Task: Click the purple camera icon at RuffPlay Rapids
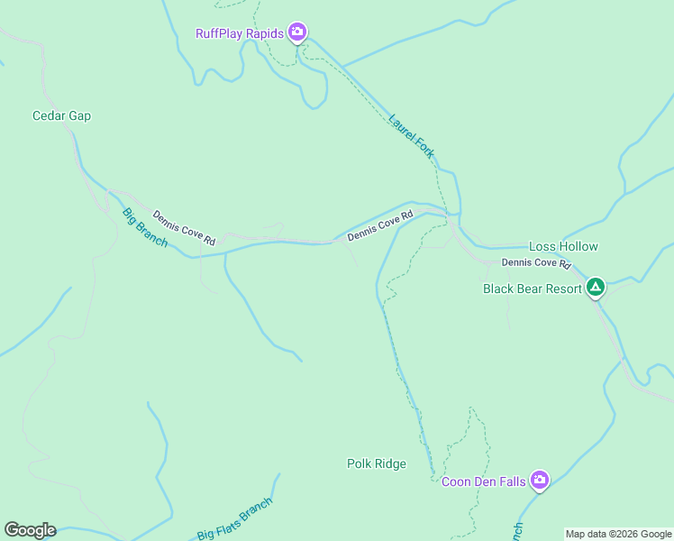(298, 33)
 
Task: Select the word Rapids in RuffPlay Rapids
(266, 34)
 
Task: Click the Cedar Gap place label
(61, 115)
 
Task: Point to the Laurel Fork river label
(412, 135)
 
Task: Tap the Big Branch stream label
(145, 229)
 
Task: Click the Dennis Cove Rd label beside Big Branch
(184, 228)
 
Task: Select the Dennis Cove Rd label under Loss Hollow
(537, 263)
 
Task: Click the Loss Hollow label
(563, 246)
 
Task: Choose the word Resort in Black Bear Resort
(562, 289)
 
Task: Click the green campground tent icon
(595, 289)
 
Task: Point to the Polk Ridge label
(377, 463)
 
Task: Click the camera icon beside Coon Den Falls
(540, 480)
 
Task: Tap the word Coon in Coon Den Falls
(456, 481)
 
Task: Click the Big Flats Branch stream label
(234, 520)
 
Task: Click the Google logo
(30, 530)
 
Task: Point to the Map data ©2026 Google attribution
(619, 534)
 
